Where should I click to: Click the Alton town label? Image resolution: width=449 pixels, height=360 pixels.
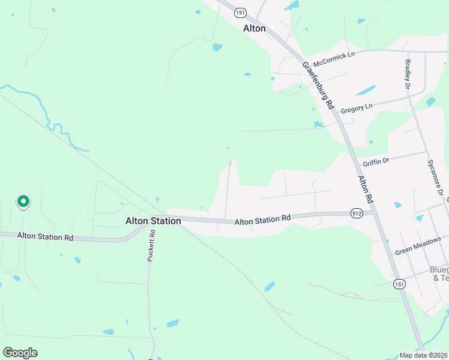tap(254, 28)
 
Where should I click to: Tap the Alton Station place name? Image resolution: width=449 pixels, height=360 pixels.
tap(153, 221)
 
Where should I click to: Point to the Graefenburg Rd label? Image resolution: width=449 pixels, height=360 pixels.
tap(318, 85)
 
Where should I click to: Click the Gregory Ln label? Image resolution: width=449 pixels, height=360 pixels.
tap(357, 109)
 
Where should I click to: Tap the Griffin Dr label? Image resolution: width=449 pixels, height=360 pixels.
tap(376, 161)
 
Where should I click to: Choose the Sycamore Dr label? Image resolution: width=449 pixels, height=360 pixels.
tap(438, 178)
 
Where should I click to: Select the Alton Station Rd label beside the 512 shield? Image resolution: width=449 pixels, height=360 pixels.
tap(262, 221)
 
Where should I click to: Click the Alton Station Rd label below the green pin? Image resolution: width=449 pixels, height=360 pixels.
tap(45, 237)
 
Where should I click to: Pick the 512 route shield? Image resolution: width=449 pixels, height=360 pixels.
tap(357, 213)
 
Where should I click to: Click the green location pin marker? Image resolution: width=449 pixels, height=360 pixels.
tap(23, 202)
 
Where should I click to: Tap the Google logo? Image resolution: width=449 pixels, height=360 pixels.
tap(20, 353)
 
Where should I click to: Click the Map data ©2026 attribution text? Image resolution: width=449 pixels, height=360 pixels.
tap(423, 355)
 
